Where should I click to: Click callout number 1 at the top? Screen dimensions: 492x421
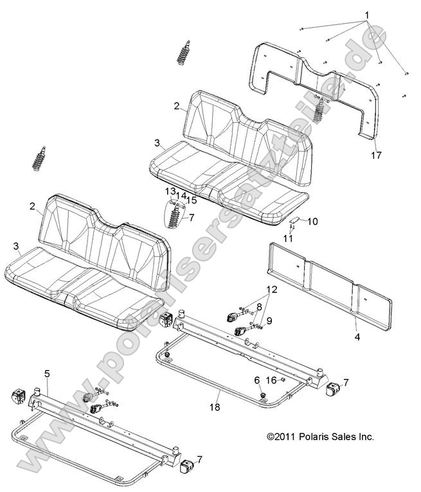pos(367,14)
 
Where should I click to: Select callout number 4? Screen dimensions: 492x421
pos(357,335)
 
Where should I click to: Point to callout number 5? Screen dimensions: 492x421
pos(47,373)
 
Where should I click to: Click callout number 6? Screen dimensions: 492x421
pos(257,380)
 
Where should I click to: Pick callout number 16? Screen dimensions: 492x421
pos(272,380)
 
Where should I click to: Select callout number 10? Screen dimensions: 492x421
pos(312,222)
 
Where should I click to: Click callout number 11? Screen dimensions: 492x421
pos(289,238)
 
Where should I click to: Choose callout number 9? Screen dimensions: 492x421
pos(269,320)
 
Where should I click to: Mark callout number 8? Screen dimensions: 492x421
pos(259,307)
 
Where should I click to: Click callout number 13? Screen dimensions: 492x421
pos(170,191)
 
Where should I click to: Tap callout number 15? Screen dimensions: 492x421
pos(191,200)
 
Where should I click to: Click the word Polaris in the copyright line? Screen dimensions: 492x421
pos(310,437)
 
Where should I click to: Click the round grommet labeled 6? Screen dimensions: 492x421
pos(262,393)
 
